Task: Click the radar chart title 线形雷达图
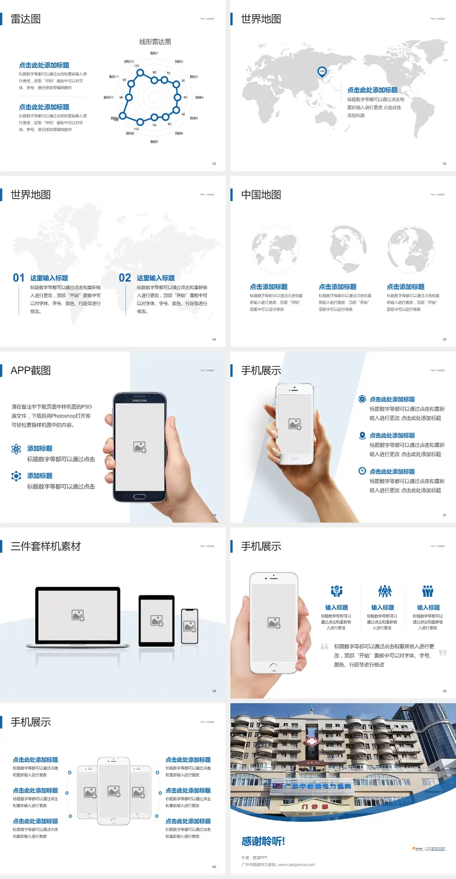[155, 42]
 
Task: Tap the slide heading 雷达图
[26, 19]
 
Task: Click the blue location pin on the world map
[322, 72]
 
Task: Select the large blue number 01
[19, 278]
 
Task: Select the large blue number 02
[125, 278]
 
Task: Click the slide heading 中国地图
[261, 195]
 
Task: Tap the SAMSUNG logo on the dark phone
[140, 401]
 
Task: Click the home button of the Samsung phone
[139, 497]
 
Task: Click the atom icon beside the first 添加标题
[16, 449]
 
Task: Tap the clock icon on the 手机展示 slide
[362, 471]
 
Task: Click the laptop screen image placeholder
[78, 615]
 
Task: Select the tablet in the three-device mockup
[157, 620]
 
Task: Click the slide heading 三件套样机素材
[46, 546]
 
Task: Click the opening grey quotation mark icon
[324, 646]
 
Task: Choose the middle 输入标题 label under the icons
[382, 608]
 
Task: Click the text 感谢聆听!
[263, 841]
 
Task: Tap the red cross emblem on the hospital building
[312, 741]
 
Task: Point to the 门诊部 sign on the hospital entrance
[315, 807]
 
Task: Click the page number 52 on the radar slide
[214, 163]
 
